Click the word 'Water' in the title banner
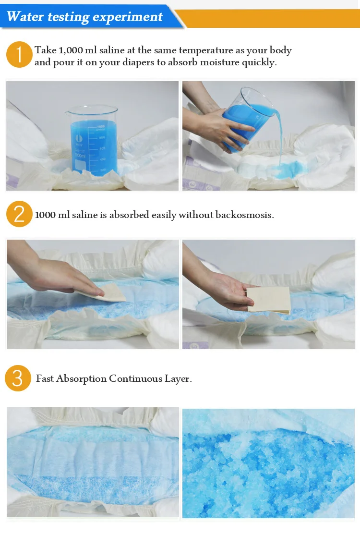[x=25, y=16]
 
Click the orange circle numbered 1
[x=19, y=54]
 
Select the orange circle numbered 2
[x=19, y=214]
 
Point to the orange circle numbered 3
[x=18, y=378]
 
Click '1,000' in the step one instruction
[x=71, y=50]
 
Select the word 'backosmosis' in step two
[x=244, y=215]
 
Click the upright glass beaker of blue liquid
[x=92, y=141]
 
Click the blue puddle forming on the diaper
[x=288, y=170]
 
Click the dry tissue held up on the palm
[x=269, y=300]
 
